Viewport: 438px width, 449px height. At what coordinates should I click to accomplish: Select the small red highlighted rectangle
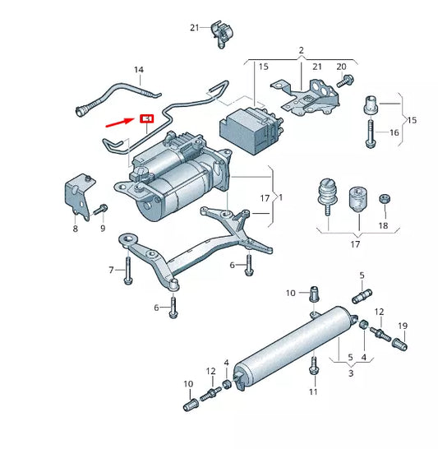tap(147, 118)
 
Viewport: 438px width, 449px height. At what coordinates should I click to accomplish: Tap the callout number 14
tap(138, 71)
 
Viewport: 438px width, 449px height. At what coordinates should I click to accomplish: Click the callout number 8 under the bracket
tap(75, 229)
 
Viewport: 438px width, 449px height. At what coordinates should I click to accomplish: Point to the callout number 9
tap(103, 229)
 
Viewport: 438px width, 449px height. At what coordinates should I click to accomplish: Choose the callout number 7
tap(111, 270)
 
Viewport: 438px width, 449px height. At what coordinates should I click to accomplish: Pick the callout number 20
tap(341, 66)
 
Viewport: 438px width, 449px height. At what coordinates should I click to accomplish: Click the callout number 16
tap(394, 132)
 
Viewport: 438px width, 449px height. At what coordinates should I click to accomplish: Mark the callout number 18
tap(383, 224)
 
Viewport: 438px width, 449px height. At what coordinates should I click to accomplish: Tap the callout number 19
tap(403, 326)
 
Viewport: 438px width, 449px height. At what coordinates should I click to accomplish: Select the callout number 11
tap(313, 392)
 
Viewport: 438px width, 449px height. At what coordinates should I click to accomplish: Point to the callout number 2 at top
tap(301, 50)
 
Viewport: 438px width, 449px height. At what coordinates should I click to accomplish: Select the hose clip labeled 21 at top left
tap(219, 30)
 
